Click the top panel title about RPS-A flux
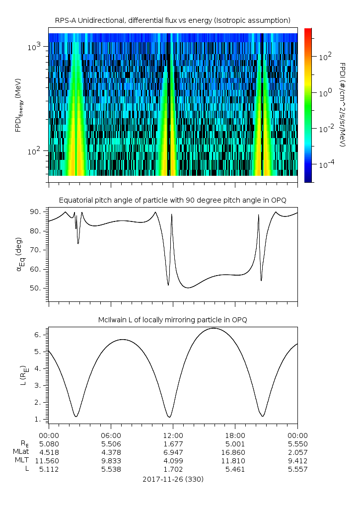pyautogui.click(x=172, y=20)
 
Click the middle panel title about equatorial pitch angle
pyautogui.click(x=172, y=200)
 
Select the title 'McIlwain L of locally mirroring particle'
pyautogui.click(x=172, y=320)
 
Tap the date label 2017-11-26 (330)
pyautogui.click(x=173, y=479)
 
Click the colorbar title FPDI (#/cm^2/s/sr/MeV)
pyautogui.click(x=342, y=104)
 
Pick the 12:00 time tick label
pyautogui.click(x=173, y=435)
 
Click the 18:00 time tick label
pyautogui.click(x=235, y=435)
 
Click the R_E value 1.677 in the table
pyautogui.click(x=173, y=443)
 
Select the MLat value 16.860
pyautogui.click(x=235, y=452)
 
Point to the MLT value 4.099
pyautogui.click(x=173, y=461)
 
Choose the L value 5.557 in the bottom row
pyautogui.click(x=297, y=469)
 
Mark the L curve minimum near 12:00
pyautogui.click(x=169, y=417)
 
